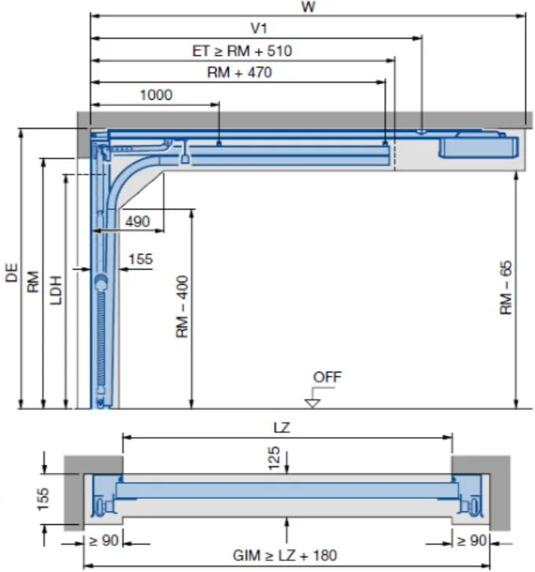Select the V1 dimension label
click(x=259, y=27)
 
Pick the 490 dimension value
click(x=137, y=222)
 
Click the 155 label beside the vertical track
click(x=140, y=258)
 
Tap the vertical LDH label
click(x=56, y=288)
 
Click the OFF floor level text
click(x=327, y=377)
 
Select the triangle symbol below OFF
click(x=312, y=402)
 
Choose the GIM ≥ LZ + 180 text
click(x=284, y=555)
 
